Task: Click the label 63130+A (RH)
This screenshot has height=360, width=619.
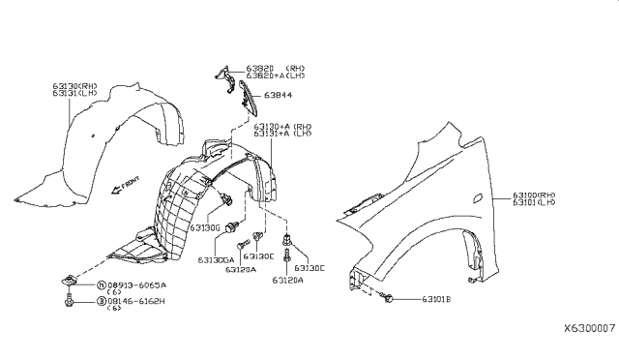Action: pyautogui.click(x=282, y=127)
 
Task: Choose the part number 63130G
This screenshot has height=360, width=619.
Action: pyautogui.click(x=205, y=227)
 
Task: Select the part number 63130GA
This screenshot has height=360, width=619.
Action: pyautogui.click(x=216, y=259)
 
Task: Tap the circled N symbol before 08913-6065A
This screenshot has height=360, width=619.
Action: pyautogui.click(x=100, y=285)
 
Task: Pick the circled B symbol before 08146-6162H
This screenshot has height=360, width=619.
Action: pyautogui.click(x=100, y=302)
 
